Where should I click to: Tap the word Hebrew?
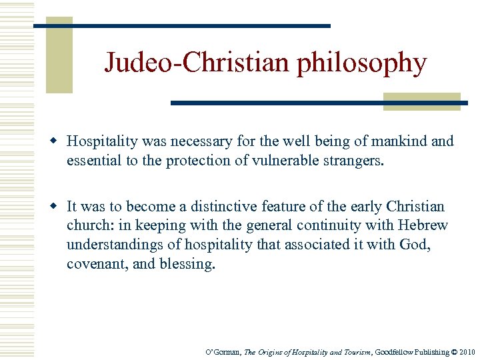pos(425,226)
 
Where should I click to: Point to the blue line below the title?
pos(319,103)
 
